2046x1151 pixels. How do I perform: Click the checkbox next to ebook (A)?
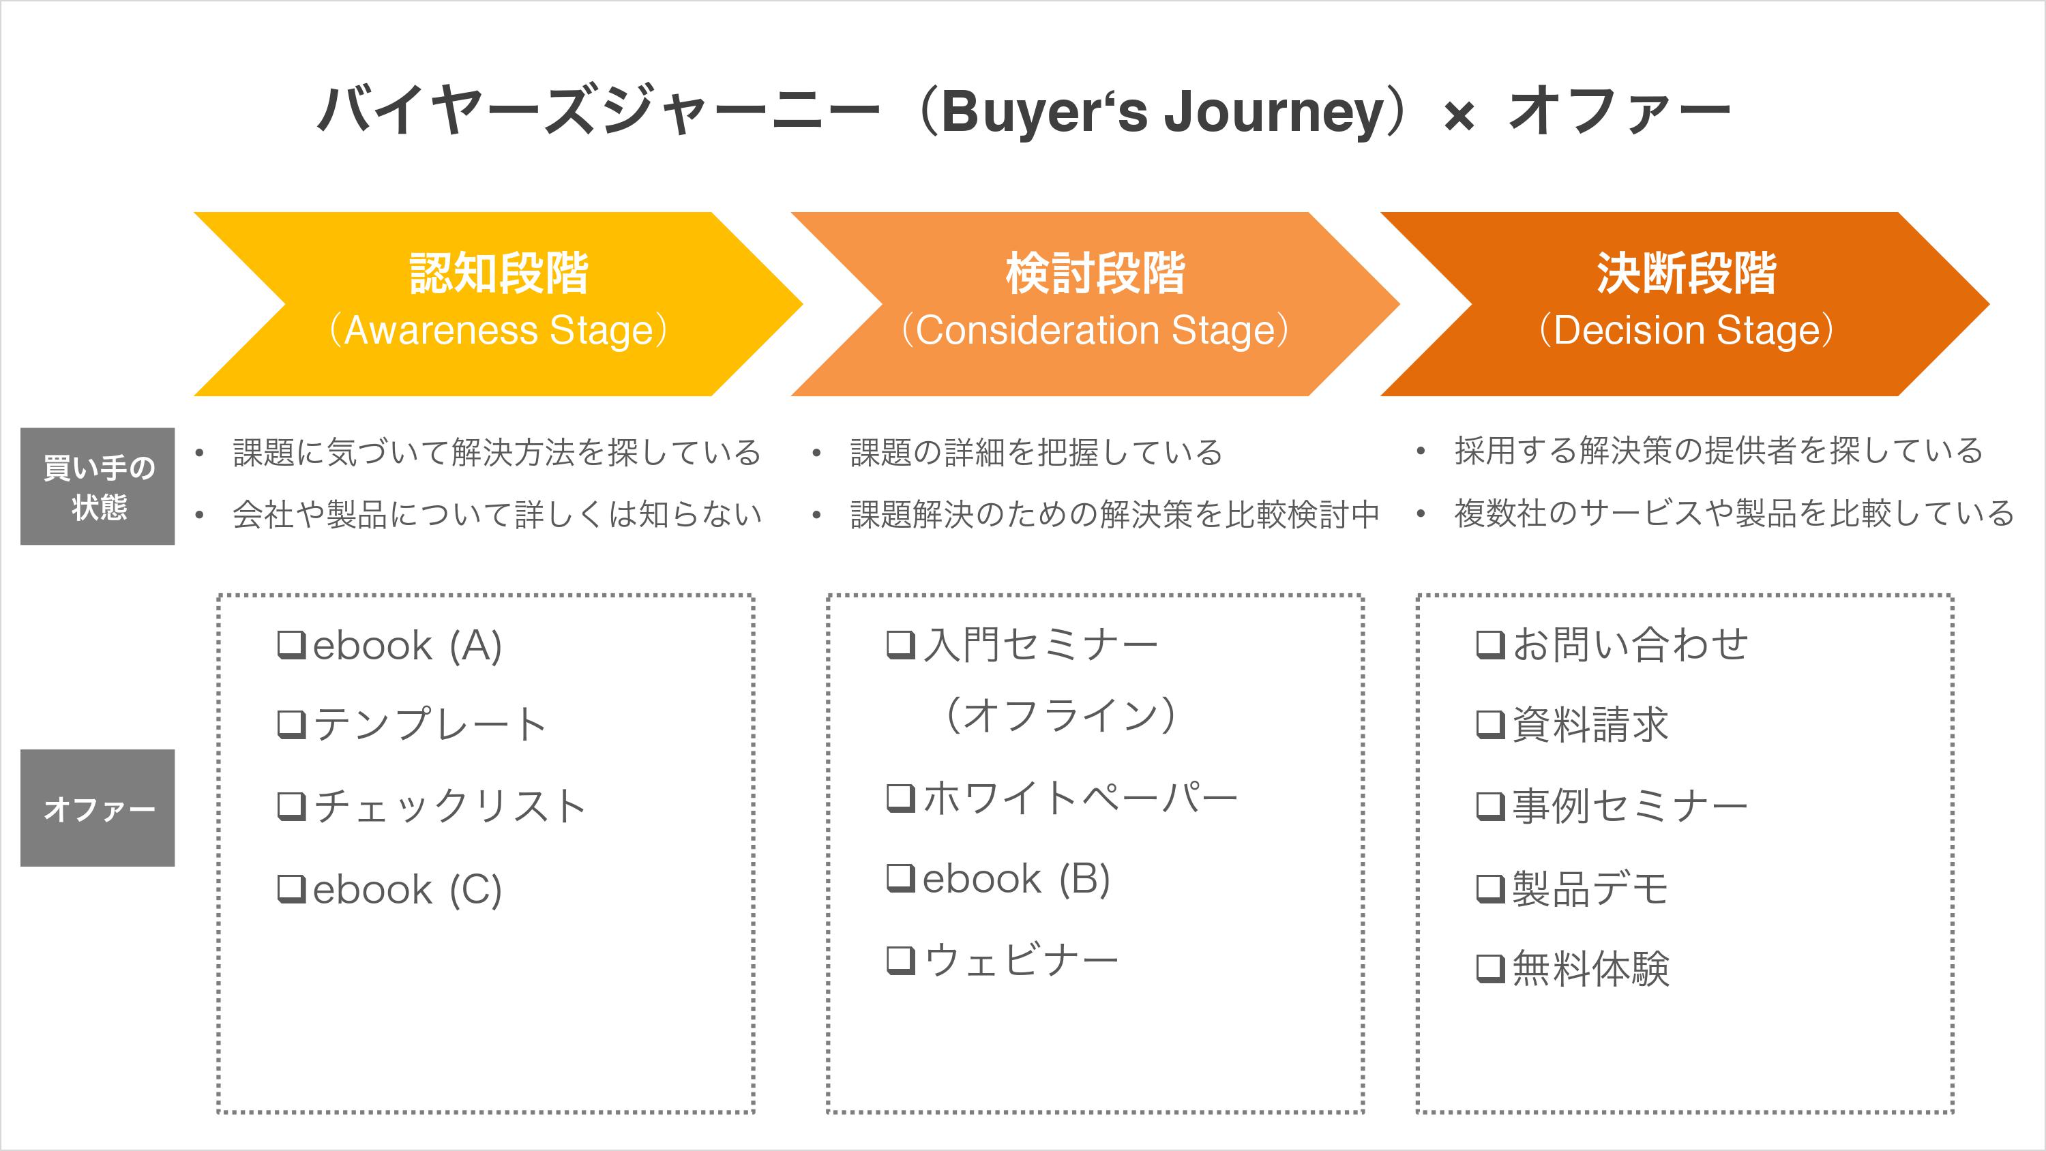click(x=291, y=644)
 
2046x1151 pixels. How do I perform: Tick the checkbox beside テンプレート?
click(x=291, y=723)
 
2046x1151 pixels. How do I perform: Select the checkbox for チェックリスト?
click(x=291, y=805)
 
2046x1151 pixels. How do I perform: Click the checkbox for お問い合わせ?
click(x=1490, y=644)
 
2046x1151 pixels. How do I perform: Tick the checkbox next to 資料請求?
click(x=1490, y=723)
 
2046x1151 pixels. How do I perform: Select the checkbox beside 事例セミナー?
click(x=1490, y=805)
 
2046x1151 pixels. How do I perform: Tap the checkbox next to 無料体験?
click(x=1490, y=968)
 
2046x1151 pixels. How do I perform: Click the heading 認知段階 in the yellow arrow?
click(x=499, y=273)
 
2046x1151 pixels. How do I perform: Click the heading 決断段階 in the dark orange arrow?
click(x=1685, y=273)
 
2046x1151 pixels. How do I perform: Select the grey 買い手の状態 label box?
click(x=98, y=486)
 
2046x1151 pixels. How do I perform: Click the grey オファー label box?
click(x=98, y=808)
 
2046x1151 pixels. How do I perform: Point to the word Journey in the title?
click(x=1275, y=111)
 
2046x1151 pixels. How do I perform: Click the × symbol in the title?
click(x=1458, y=117)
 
